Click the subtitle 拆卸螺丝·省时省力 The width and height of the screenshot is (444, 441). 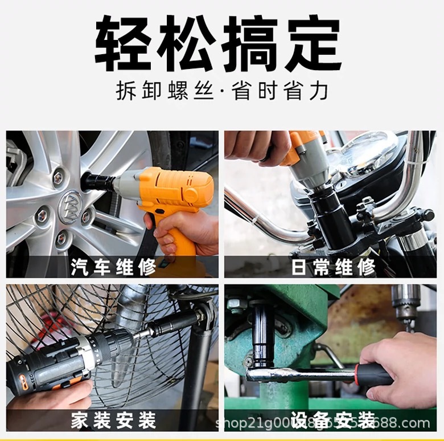[221, 91]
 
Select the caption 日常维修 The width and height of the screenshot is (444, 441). [332, 267]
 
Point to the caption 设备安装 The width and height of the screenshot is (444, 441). [332, 421]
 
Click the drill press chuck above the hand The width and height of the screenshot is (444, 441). [405, 305]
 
